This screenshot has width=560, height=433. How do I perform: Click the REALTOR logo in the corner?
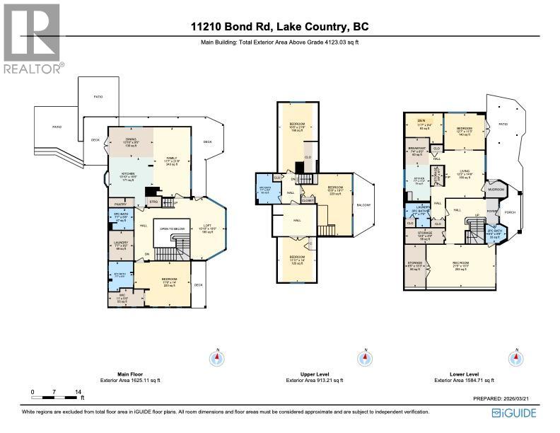point(33,38)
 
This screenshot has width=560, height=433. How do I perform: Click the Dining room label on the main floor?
point(131,140)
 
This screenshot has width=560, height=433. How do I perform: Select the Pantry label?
point(119,204)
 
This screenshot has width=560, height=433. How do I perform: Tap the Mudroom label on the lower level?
point(494,189)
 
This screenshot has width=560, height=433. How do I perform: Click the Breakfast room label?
point(416,149)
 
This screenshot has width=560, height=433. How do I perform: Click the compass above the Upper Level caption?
point(366,358)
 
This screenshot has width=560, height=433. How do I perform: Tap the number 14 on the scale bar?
point(79,391)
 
